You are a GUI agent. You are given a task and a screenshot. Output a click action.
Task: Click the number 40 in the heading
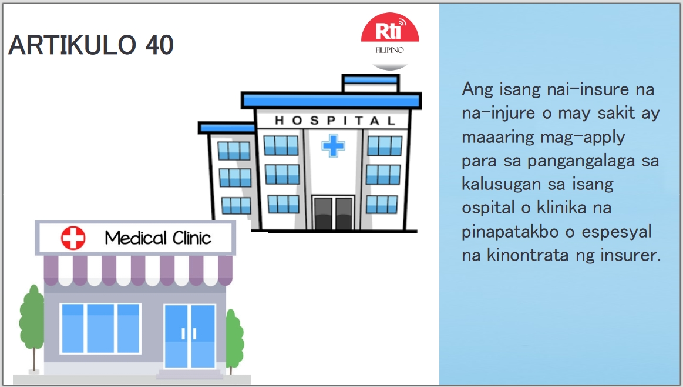tap(159, 45)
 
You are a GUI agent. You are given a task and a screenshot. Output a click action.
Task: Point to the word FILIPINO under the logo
tap(390, 50)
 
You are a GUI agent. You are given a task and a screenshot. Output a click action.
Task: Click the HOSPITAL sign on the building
tap(335, 121)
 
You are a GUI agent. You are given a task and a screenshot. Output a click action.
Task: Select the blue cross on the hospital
tap(333, 145)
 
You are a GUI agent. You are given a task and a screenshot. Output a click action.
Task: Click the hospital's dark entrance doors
tap(333, 213)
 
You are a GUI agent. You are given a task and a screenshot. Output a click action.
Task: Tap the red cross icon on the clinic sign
tap(73, 238)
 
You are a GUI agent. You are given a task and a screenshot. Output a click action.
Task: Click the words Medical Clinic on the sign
tap(157, 238)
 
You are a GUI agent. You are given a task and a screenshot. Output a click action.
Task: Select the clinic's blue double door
tap(190, 336)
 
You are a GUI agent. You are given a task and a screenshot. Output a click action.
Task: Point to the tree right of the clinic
tap(234, 341)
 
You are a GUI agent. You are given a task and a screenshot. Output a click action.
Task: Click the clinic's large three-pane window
tap(100, 328)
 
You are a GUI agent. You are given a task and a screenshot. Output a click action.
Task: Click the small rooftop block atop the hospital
tap(370, 84)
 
